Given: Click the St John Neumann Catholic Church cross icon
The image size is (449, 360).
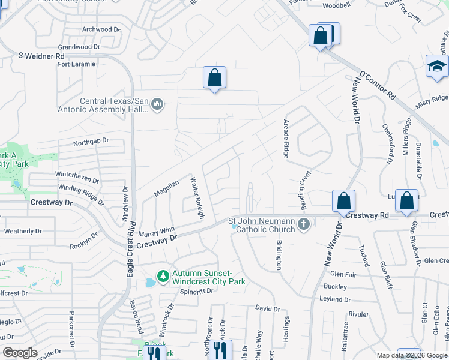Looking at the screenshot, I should click(x=304, y=225).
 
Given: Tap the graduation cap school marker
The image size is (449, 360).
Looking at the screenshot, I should click(x=436, y=67).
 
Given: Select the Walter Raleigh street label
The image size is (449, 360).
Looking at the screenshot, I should click(x=198, y=199).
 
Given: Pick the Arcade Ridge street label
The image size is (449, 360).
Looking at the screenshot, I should click(x=287, y=139).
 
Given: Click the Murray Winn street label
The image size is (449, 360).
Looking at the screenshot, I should click(x=156, y=231).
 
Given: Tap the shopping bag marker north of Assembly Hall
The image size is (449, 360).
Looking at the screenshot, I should click(x=214, y=78).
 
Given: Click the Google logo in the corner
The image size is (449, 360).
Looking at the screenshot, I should click(x=20, y=353).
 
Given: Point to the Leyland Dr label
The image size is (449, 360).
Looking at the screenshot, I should click(x=336, y=299).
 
